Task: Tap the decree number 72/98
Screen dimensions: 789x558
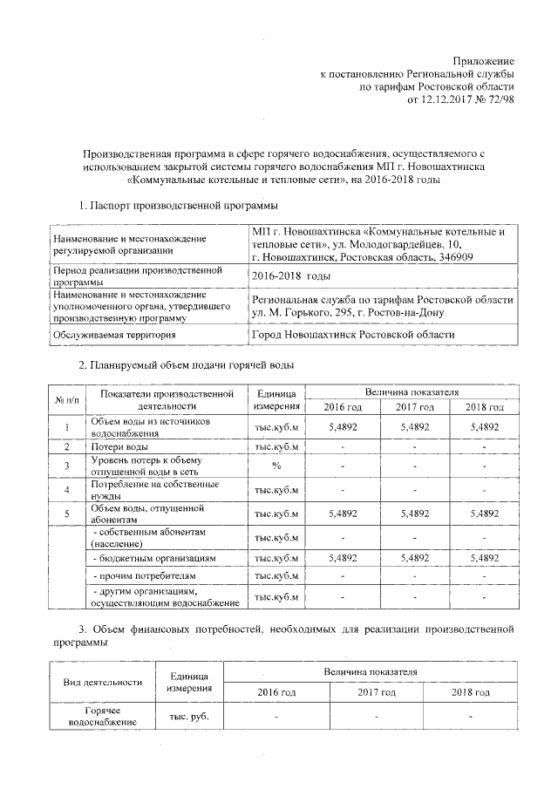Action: [500, 99]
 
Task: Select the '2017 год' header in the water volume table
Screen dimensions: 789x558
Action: [413, 407]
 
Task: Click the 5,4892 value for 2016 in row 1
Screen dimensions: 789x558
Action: [343, 427]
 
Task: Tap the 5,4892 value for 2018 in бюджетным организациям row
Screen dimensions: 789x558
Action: [484, 557]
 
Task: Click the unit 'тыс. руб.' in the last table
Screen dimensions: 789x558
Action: [189, 717]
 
